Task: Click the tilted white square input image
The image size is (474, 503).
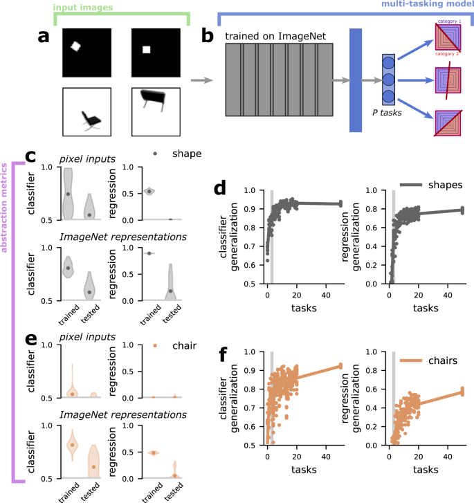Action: click(x=76, y=47)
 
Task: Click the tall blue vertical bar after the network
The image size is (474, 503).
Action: click(x=356, y=80)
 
